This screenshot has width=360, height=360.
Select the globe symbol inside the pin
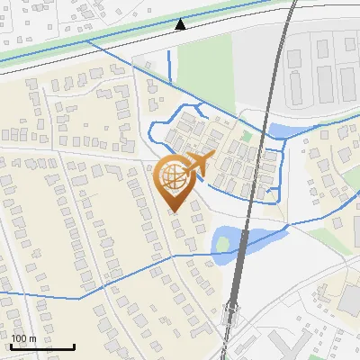coord(172,175)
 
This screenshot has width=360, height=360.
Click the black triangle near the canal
coord(180,24)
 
